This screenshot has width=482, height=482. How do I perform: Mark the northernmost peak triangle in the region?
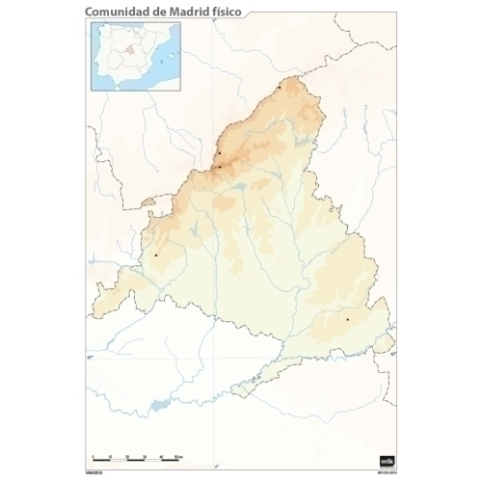(279, 88)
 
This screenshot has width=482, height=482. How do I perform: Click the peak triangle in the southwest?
(155, 254)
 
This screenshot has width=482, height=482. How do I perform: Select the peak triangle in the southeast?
(347, 318)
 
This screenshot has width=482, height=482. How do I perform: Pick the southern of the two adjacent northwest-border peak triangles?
(220, 166)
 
